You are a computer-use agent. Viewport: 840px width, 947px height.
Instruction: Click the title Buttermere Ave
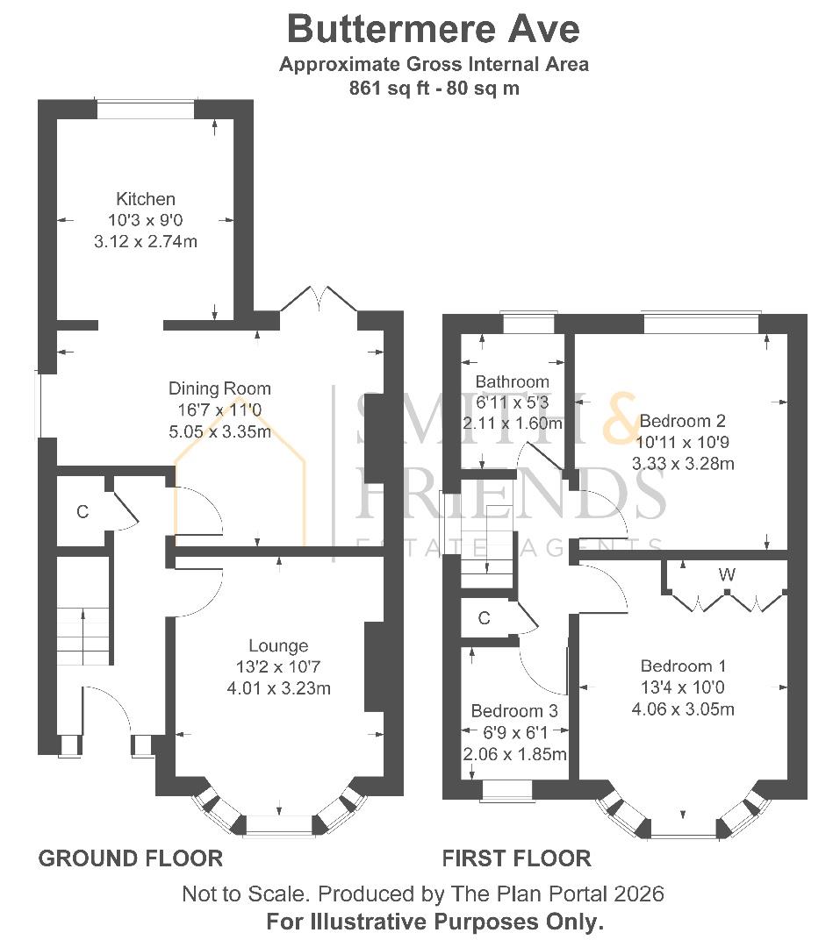pyautogui.click(x=433, y=29)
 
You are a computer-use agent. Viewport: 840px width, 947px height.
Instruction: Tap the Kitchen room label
pyautogui.click(x=145, y=200)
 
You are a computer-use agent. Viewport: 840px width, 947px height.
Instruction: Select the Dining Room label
pyautogui.click(x=219, y=388)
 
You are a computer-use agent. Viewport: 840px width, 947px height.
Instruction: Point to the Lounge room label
pyautogui.click(x=277, y=646)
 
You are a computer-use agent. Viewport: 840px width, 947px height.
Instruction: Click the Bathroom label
pyautogui.click(x=512, y=382)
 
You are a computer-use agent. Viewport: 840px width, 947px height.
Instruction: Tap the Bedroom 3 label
pyautogui.click(x=513, y=711)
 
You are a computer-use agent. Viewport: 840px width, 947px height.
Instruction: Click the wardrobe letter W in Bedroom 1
pyautogui.click(x=726, y=575)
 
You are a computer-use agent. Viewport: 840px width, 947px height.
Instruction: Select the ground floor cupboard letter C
pyautogui.click(x=82, y=512)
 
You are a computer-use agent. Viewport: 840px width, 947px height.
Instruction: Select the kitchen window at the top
pyautogui.click(x=145, y=109)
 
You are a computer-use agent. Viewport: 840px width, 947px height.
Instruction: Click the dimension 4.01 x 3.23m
pyautogui.click(x=277, y=688)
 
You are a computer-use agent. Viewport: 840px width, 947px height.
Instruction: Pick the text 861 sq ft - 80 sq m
pyautogui.click(x=433, y=89)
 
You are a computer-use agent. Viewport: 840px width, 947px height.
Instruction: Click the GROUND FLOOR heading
pyautogui.click(x=130, y=858)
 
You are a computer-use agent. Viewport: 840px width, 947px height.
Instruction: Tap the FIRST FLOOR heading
pyautogui.click(x=516, y=858)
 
